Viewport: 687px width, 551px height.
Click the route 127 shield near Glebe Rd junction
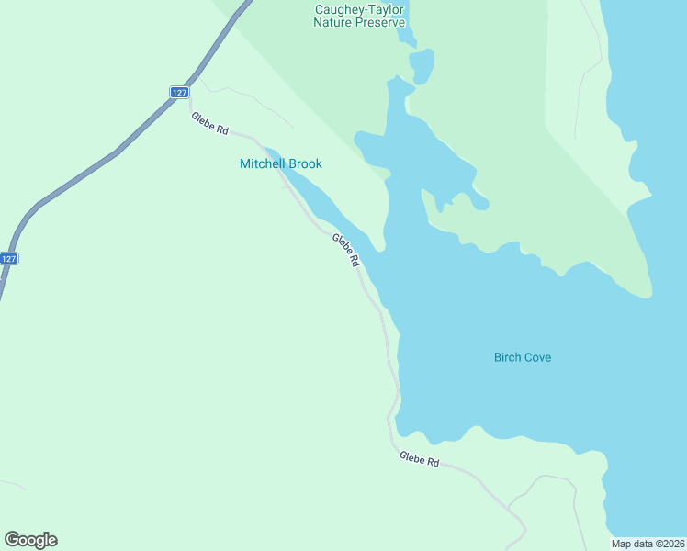[x=179, y=92]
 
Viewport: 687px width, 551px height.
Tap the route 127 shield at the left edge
[x=8, y=259]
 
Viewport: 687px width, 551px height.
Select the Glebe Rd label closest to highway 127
[x=209, y=123]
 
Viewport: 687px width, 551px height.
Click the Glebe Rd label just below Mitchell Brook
[x=346, y=250]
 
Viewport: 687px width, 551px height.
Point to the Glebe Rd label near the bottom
[x=419, y=459]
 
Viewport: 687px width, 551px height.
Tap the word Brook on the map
[x=304, y=164]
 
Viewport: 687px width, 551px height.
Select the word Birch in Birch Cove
[x=508, y=357]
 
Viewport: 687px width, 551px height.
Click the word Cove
[x=538, y=357]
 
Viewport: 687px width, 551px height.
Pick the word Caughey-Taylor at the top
[x=360, y=9]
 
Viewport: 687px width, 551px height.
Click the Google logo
[x=30, y=540]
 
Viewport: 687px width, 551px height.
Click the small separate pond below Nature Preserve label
[x=422, y=64]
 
